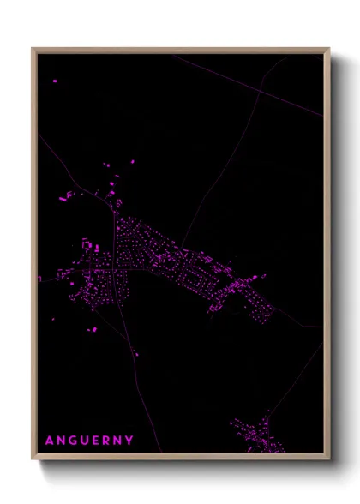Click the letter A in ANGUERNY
click(49, 441)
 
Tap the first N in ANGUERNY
click(61, 441)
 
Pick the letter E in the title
click(97, 441)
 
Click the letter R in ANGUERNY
click(107, 441)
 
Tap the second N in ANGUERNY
click(118, 441)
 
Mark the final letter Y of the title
click(129, 441)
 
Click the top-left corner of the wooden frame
click(33, 49)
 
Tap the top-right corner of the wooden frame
click(329, 49)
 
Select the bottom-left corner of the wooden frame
click(33, 459)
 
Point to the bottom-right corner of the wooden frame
click(329, 459)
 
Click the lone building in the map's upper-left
click(55, 81)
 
